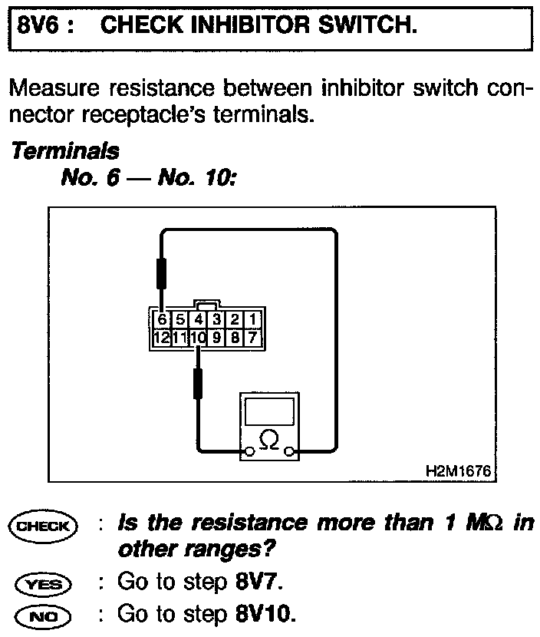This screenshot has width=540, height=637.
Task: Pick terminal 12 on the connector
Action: click(x=160, y=335)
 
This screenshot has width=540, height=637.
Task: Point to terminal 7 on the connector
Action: click(x=252, y=335)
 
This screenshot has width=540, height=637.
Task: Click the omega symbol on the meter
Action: click(x=269, y=440)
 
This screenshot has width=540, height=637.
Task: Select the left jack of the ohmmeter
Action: click(x=247, y=452)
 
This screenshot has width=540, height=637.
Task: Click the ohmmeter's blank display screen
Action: click(x=268, y=413)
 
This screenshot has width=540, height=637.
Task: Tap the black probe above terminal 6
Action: click(x=161, y=273)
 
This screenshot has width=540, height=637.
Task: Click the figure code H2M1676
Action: click(x=457, y=469)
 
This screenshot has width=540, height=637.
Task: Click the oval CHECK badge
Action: click(x=47, y=526)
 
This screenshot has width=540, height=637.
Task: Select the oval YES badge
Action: click(x=47, y=583)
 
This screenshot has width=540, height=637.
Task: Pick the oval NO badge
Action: click(x=47, y=616)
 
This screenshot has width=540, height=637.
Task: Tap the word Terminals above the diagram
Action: click(x=64, y=151)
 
